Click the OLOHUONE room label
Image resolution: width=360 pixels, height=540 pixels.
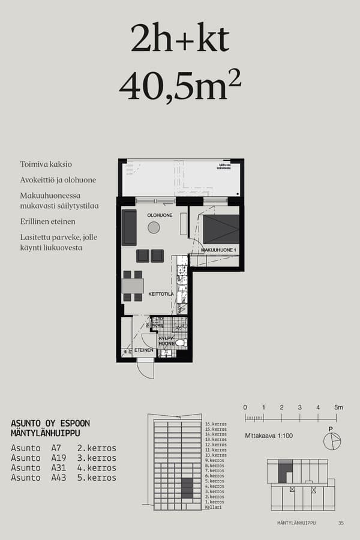(x=160, y=215)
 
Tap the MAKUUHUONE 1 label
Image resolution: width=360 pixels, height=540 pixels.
(x=219, y=250)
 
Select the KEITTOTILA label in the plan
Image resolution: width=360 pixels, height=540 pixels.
(x=161, y=294)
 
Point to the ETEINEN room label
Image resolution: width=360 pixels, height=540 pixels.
(x=143, y=350)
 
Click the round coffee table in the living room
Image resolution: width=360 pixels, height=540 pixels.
(x=154, y=227)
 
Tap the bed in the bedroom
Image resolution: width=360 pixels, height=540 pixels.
(x=220, y=229)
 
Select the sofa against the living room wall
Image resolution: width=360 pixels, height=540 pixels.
(x=129, y=227)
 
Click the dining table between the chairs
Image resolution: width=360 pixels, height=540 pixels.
(x=133, y=286)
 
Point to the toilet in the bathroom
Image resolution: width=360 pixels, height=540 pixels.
(x=179, y=343)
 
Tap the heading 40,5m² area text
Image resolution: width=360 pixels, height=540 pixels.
(x=180, y=86)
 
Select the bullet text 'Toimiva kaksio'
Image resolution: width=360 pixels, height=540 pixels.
(x=46, y=164)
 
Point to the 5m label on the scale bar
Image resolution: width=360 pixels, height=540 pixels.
(x=338, y=407)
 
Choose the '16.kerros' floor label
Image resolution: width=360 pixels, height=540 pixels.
(x=215, y=424)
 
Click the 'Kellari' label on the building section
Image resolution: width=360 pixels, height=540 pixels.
(x=213, y=507)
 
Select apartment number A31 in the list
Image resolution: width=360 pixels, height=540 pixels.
(x=56, y=468)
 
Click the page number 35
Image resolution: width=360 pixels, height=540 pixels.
(x=341, y=523)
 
